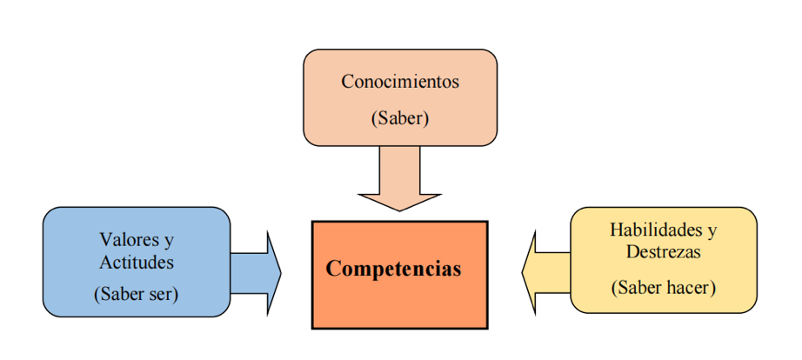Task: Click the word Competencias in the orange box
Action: pyautogui.click(x=393, y=268)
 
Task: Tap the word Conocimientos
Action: pyautogui.click(x=399, y=83)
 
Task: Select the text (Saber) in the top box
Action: pyautogui.click(x=400, y=118)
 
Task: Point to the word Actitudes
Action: pyautogui.click(x=137, y=261)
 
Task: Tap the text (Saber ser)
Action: pyautogui.click(x=136, y=294)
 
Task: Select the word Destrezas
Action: pyautogui.click(x=664, y=252)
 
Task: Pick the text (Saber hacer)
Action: pyautogui.click(x=664, y=287)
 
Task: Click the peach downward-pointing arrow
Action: pyautogui.click(x=400, y=178)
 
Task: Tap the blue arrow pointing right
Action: pyautogui.click(x=257, y=272)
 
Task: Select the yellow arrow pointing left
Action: pyautogui.click(x=545, y=272)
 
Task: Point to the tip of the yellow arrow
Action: pyautogui.click(x=524, y=272)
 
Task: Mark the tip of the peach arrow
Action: pyautogui.click(x=400, y=210)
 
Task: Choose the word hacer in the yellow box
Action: pyautogui.click(x=691, y=287)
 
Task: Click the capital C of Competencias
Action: pyautogui.click(x=333, y=268)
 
